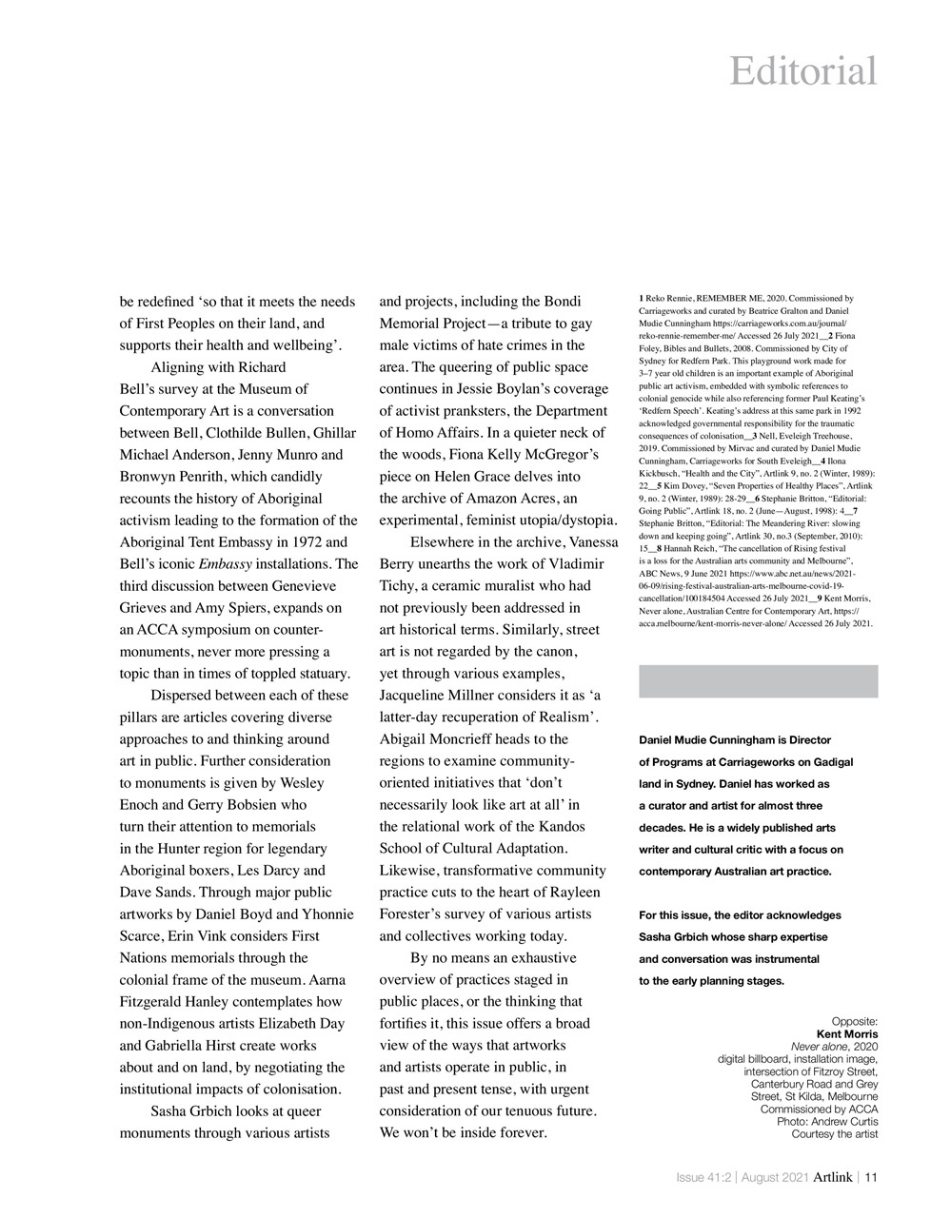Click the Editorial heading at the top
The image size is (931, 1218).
(x=802, y=71)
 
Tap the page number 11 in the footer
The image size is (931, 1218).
(x=870, y=1177)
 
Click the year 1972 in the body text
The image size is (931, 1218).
(x=305, y=542)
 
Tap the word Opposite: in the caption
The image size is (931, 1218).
(x=854, y=1021)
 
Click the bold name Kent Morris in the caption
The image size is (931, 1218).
(x=846, y=1033)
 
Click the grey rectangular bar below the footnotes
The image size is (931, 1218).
(x=758, y=681)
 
